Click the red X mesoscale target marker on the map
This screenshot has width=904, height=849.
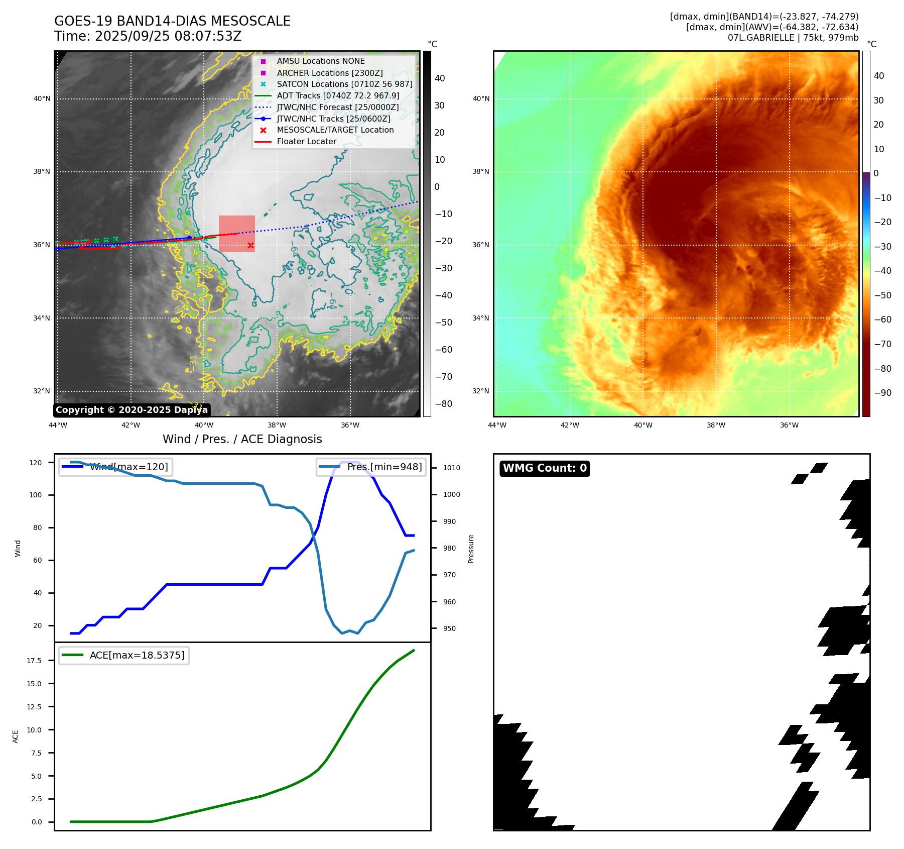tap(250, 246)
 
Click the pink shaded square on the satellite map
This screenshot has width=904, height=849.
tap(236, 234)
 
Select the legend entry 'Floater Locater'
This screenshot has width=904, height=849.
tap(306, 142)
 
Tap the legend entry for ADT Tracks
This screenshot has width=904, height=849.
tap(338, 95)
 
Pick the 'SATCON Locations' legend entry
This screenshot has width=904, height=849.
tap(344, 84)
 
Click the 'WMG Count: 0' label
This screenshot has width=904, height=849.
tap(545, 468)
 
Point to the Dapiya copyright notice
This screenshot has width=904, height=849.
tap(132, 410)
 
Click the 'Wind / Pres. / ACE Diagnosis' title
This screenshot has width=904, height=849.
tap(242, 439)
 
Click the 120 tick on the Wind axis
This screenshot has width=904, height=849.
tap(36, 463)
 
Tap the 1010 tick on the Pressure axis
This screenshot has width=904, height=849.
tap(451, 468)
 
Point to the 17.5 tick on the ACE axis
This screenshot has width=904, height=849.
tap(34, 661)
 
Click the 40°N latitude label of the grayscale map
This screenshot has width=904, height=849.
tap(42, 99)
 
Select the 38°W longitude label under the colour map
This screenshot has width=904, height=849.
tap(716, 426)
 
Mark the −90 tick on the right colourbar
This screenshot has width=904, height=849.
tap(882, 393)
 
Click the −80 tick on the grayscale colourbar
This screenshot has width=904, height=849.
tap(443, 404)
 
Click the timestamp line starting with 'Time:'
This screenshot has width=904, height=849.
tap(148, 36)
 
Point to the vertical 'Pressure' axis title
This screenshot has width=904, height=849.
tap(471, 549)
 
